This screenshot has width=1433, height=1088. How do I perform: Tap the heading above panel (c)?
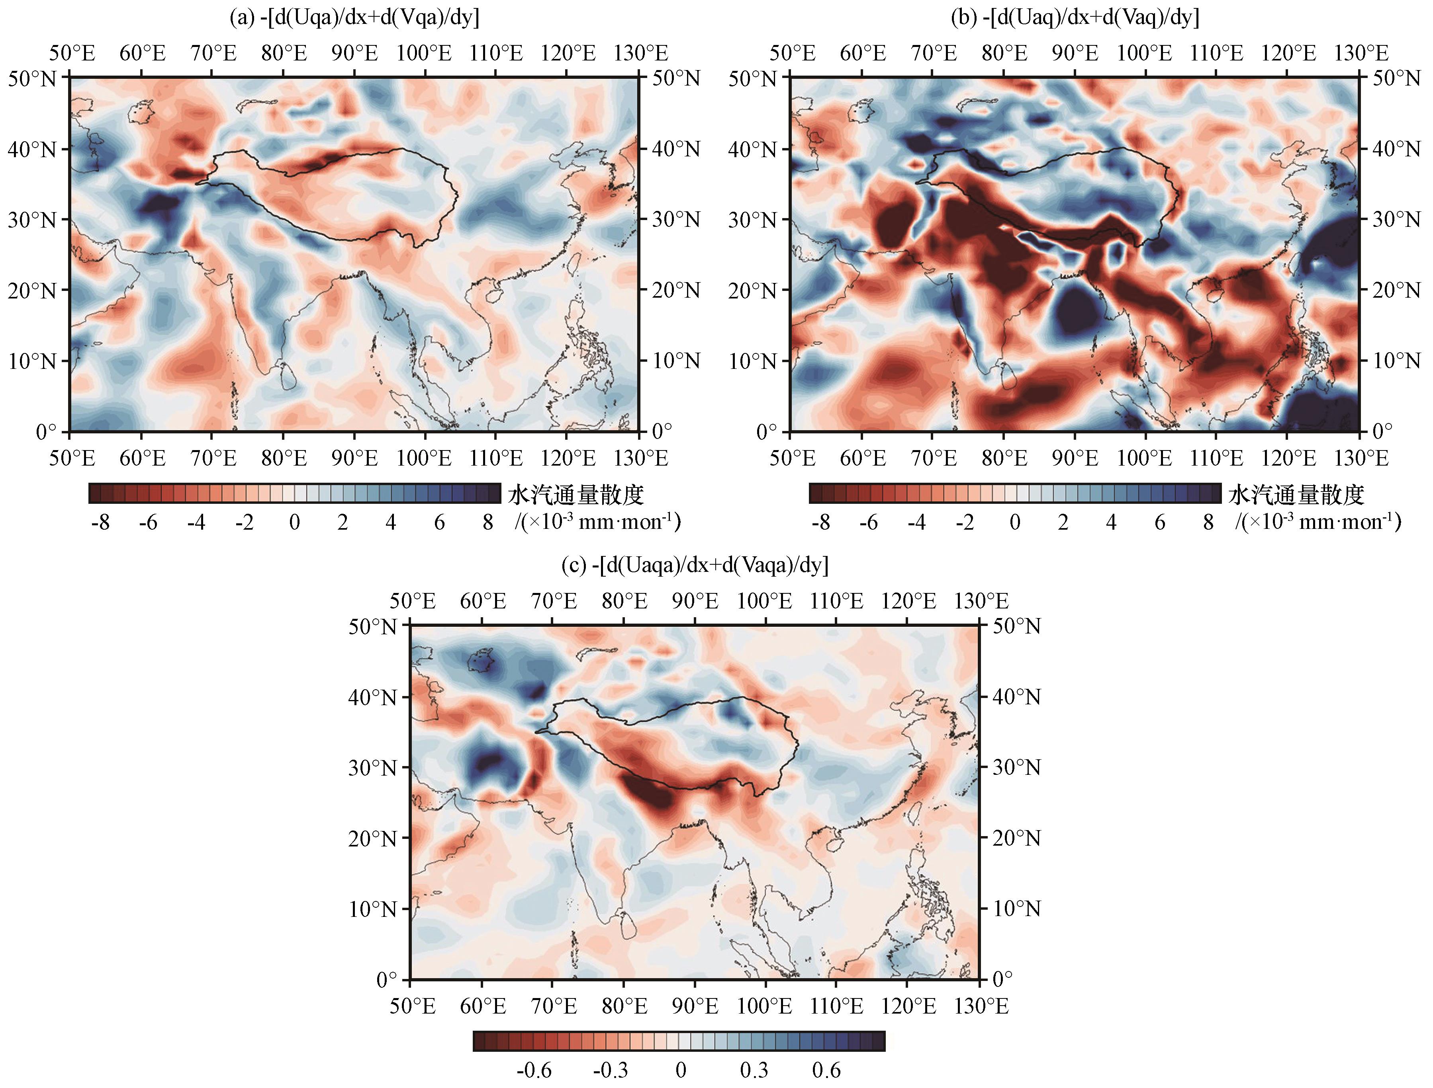point(695,565)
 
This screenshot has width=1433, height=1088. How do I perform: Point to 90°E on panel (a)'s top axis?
point(354,53)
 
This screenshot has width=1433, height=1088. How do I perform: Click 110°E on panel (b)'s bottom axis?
point(1216,458)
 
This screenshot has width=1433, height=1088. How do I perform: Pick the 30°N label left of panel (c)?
point(372,768)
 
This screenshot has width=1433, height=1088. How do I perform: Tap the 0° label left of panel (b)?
point(766,432)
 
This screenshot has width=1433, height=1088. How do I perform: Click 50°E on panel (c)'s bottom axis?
point(412,1006)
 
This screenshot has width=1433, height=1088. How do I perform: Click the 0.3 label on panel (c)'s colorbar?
point(754,1070)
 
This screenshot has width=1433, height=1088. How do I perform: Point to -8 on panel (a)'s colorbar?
point(100,523)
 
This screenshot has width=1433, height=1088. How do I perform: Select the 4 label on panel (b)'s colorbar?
point(1111,523)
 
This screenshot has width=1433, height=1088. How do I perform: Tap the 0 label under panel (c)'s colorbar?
point(681,1070)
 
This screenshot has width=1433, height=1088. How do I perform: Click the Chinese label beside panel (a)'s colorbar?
point(576,495)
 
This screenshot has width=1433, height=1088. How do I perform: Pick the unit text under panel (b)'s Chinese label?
point(1317,522)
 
